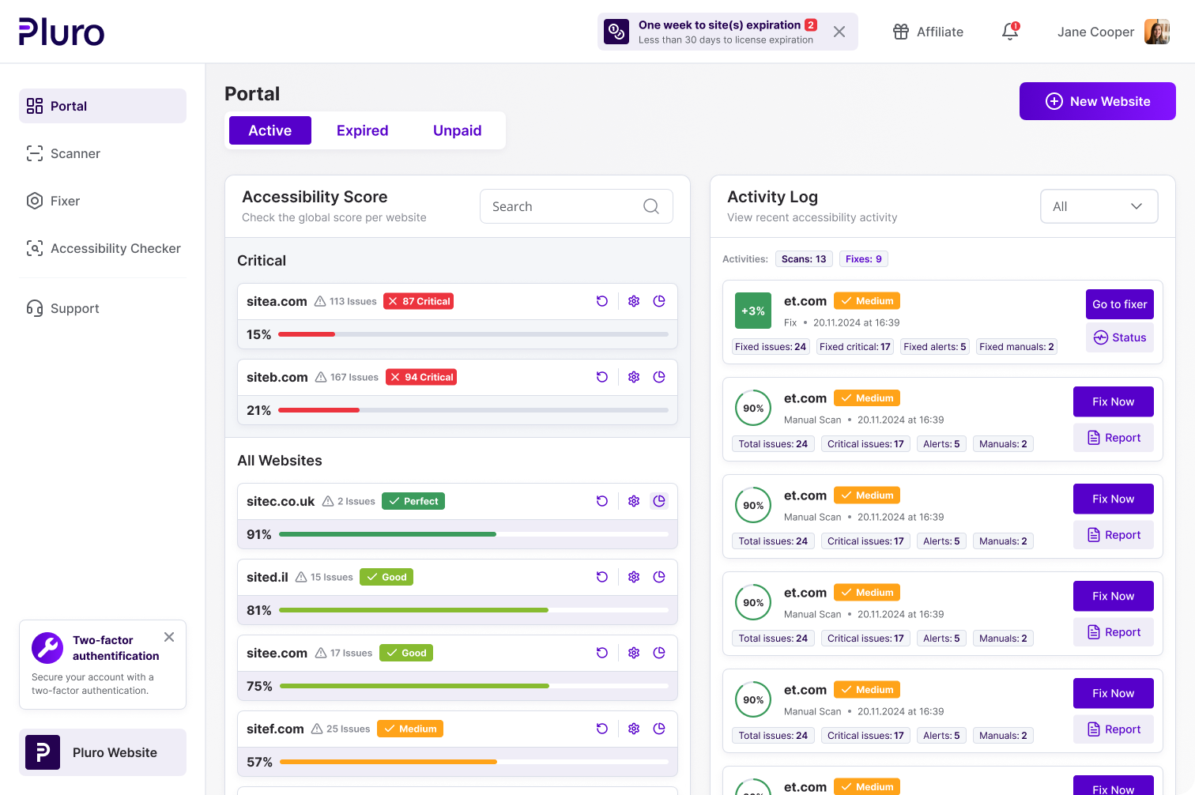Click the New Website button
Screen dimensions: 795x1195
click(x=1097, y=101)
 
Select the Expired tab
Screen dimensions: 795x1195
click(x=362, y=130)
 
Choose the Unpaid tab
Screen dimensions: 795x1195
click(x=457, y=130)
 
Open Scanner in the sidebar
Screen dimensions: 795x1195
click(x=75, y=153)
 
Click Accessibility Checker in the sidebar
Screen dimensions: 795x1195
click(x=115, y=248)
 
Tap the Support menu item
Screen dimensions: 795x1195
click(x=74, y=308)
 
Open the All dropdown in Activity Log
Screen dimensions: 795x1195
click(x=1099, y=206)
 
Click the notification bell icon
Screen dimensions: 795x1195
click(x=1010, y=32)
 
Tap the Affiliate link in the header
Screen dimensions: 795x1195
click(x=929, y=32)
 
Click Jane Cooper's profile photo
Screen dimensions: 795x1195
click(x=1157, y=32)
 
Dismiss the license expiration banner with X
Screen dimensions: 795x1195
click(x=839, y=32)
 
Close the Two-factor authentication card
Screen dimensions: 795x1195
click(x=169, y=637)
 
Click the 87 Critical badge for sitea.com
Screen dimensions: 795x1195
click(x=418, y=301)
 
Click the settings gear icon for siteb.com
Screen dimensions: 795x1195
click(x=634, y=377)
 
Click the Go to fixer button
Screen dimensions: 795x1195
click(x=1119, y=304)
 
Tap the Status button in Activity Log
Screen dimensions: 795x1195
click(x=1119, y=337)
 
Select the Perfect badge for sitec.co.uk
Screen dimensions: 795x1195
click(x=413, y=501)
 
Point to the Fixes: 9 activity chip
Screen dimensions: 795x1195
click(x=863, y=259)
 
